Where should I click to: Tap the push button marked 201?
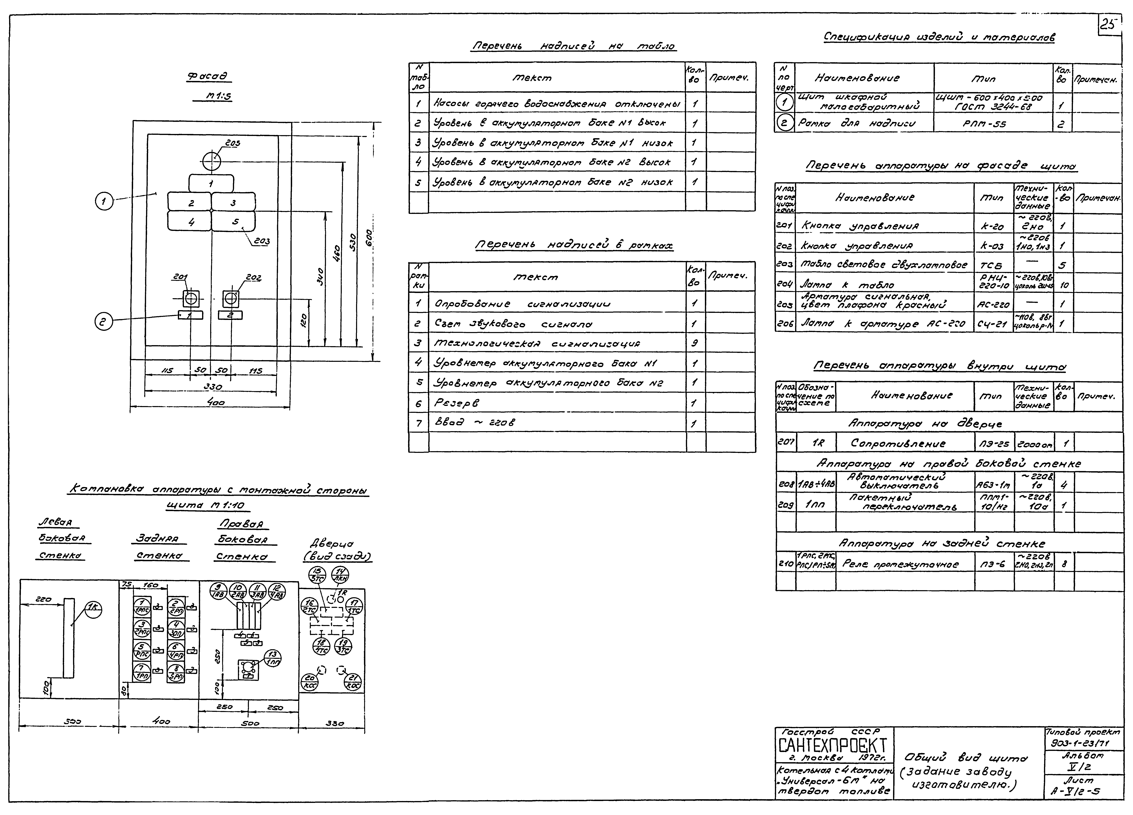(190, 299)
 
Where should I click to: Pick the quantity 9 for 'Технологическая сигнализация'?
(694, 343)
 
